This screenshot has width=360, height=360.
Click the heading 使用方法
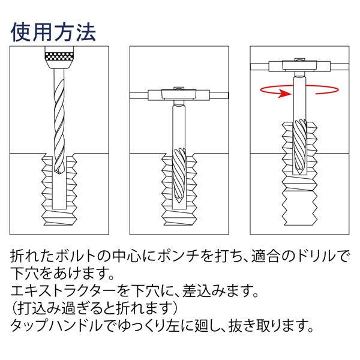pyautogui.click(x=53, y=31)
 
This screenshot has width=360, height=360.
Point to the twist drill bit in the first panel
pyautogui.click(x=59, y=120)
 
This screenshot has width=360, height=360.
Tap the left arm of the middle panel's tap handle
pyautogui.click(x=142, y=94)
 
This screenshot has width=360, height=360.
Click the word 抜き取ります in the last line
pyautogui.click(x=270, y=328)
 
